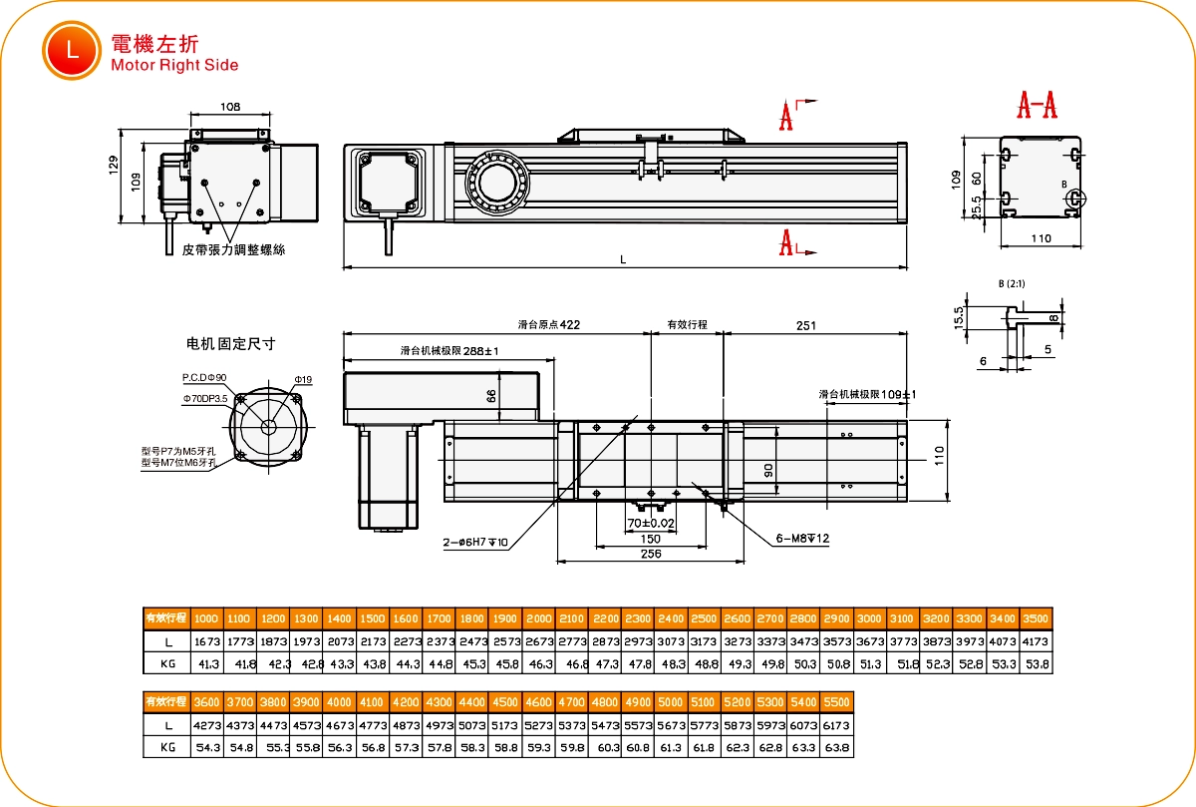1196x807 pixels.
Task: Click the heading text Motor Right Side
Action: point(174,66)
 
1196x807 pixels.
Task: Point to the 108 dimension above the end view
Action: point(230,107)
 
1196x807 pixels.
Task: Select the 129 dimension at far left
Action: point(114,164)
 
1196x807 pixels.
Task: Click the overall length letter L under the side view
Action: point(623,259)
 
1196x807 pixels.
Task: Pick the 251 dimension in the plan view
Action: point(807,325)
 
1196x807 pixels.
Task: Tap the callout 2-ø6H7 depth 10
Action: point(476,544)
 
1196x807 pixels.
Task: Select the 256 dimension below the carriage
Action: point(650,554)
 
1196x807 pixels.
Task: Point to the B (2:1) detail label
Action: point(1012,284)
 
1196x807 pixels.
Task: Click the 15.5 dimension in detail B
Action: point(959,317)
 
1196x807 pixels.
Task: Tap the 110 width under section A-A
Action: point(1040,238)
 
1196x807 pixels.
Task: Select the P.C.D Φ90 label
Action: point(204,378)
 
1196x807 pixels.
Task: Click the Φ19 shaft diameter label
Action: point(303,380)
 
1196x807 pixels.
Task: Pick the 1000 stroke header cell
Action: point(206,617)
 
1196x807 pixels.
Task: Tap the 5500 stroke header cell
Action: point(837,702)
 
